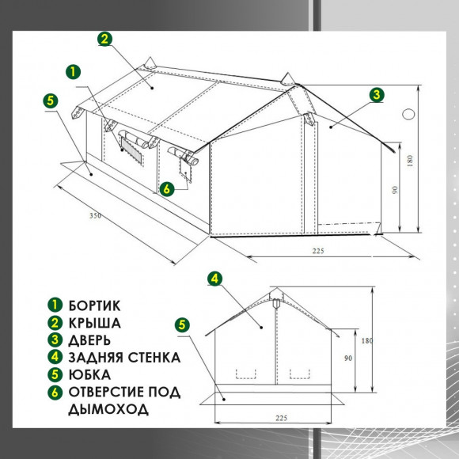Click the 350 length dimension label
coord(96,216)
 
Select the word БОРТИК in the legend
coord(94,305)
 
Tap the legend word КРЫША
coord(94,323)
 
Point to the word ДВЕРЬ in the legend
coord(89,340)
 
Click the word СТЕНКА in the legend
coord(154,358)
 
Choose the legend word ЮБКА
coord(89,374)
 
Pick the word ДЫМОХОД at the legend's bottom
coord(108,409)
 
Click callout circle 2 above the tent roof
coord(104,39)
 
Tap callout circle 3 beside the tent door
coord(377,94)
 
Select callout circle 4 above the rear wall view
coord(215,279)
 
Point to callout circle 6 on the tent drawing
coord(166,189)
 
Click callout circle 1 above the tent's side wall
coord(73,72)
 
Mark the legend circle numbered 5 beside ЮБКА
coord(55,375)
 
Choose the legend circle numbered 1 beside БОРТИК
coord(55,305)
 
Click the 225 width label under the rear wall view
coord(281,418)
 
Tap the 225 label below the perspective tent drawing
coord(318,251)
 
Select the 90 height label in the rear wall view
coord(348,358)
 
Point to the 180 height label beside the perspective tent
coord(410,161)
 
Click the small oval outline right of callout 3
coord(408,114)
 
